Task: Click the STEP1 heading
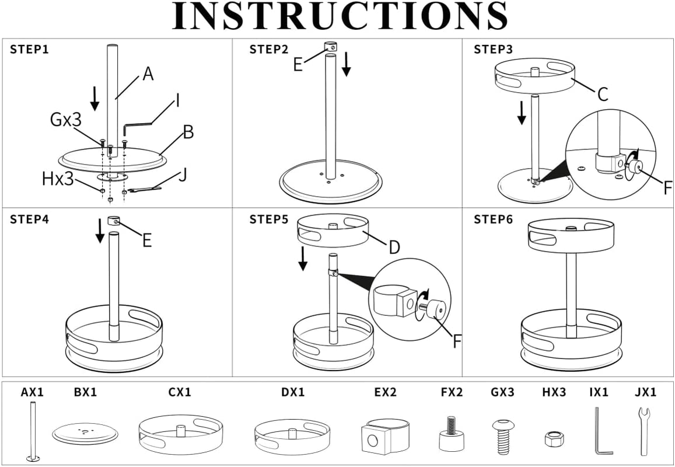pyautogui.click(x=29, y=49)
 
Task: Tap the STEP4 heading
pyautogui.click(x=30, y=219)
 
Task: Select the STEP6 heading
pyautogui.click(x=494, y=219)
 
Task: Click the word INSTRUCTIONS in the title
pyautogui.click(x=340, y=16)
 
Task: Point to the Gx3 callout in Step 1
pyautogui.click(x=65, y=120)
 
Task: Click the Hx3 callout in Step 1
pyautogui.click(x=58, y=179)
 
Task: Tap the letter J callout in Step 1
pyautogui.click(x=183, y=175)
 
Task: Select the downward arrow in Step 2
pyautogui.click(x=347, y=66)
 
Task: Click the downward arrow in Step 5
pyautogui.click(x=303, y=259)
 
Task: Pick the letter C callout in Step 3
pyautogui.click(x=603, y=95)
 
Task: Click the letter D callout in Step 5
pyautogui.click(x=394, y=248)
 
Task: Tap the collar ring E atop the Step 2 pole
pyautogui.click(x=331, y=46)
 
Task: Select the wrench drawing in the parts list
pyautogui.click(x=643, y=431)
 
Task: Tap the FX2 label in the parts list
pyautogui.click(x=452, y=392)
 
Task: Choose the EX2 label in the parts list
pyautogui.click(x=385, y=392)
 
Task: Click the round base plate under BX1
pyautogui.click(x=85, y=434)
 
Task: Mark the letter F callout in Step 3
pyautogui.click(x=667, y=188)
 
